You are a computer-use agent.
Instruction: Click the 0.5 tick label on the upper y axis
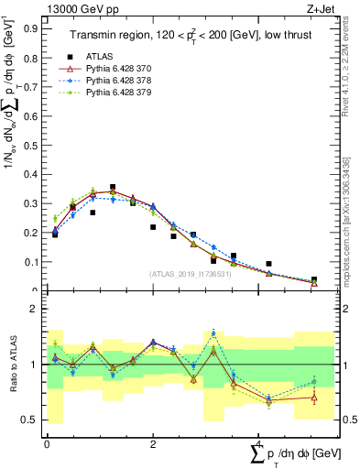[x=30, y=145]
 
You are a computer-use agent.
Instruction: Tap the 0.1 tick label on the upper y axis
[x=30, y=262]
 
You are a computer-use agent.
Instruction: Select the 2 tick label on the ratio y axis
[x=36, y=310]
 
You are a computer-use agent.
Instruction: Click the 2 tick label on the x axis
[x=152, y=443]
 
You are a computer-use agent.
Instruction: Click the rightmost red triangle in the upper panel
[x=314, y=282]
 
